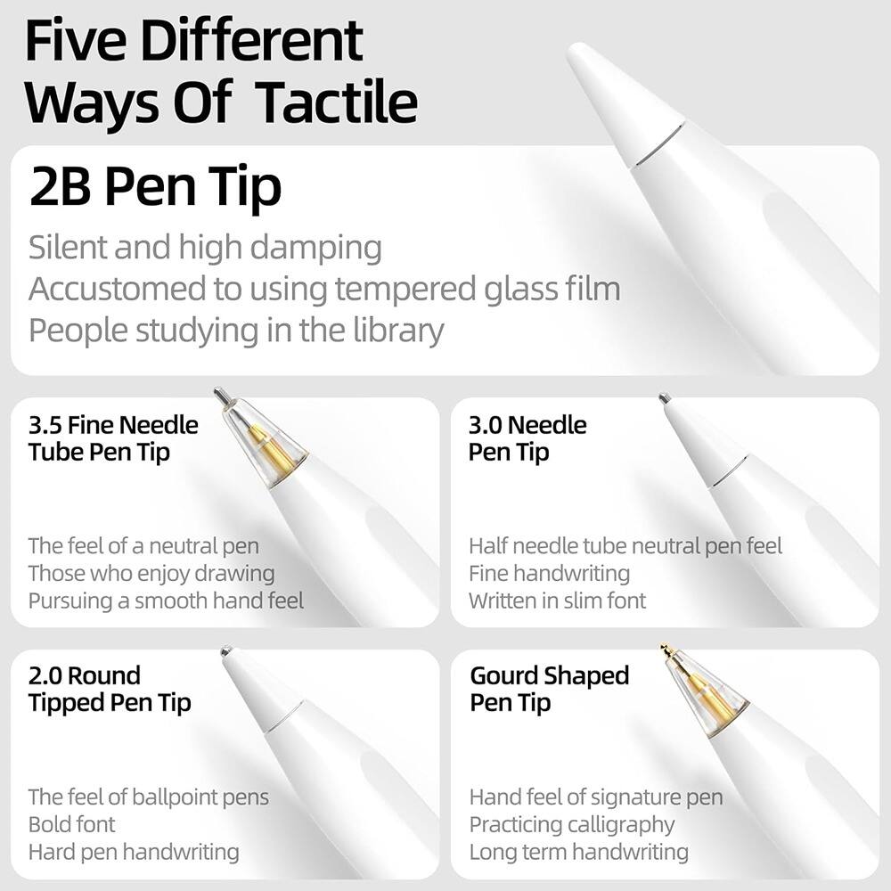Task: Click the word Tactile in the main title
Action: click(x=337, y=102)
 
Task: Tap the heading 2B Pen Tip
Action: click(x=155, y=186)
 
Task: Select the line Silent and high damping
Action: click(x=205, y=248)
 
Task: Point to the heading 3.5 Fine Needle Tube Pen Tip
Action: click(x=113, y=438)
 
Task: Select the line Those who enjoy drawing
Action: click(x=151, y=573)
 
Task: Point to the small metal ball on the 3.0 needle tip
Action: click(x=665, y=397)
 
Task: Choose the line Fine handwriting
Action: click(x=550, y=573)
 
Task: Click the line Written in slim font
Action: click(x=558, y=601)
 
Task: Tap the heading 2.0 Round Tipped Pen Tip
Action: click(x=110, y=690)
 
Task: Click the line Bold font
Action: click(x=71, y=824)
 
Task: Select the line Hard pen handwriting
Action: click(x=134, y=853)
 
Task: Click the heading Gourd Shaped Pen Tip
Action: click(x=550, y=690)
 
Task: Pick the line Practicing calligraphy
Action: click(x=572, y=825)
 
